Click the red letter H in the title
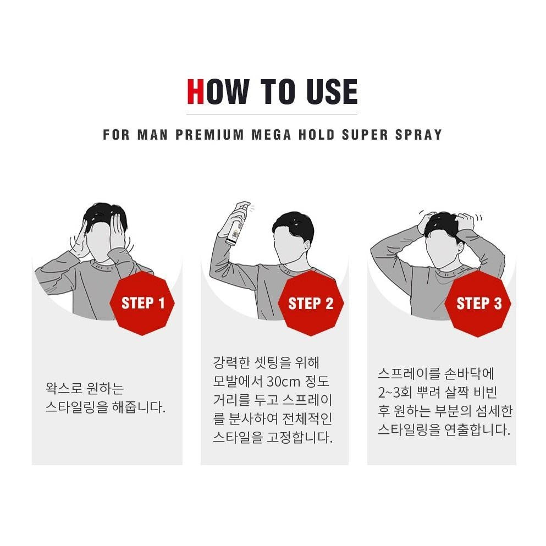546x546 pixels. coord(195,92)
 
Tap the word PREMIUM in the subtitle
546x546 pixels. coord(209,134)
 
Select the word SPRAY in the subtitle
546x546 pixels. coord(418,134)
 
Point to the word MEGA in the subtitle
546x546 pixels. coord(271,134)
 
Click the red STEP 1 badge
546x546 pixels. coord(142,304)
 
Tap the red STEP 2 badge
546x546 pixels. coord(311,304)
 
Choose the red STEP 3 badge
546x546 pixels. coord(478,304)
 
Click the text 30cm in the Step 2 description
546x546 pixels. coord(283,381)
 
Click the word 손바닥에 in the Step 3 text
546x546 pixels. coord(469,374)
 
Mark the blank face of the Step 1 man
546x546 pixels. coord(100,240)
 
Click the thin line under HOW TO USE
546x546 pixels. coord(272,114)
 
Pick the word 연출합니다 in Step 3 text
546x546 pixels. coord(477,429)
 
